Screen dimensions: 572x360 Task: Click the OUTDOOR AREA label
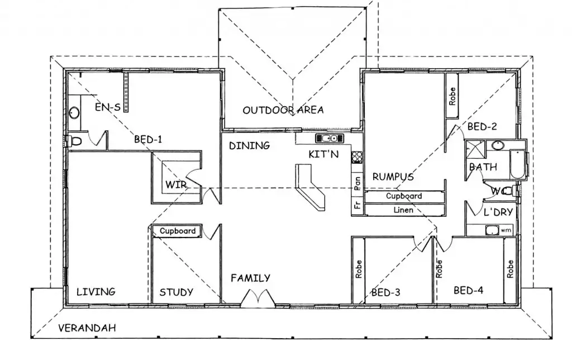pos(283,110)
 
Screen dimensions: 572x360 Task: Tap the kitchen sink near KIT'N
pos(327,138)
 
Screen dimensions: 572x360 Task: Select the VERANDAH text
pos(87,328)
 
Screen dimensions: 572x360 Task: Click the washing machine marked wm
pos(493,230)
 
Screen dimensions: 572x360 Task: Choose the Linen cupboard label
pos(404,210)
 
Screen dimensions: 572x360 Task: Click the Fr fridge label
pos(356,205)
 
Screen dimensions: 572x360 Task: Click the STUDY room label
pos(176,292)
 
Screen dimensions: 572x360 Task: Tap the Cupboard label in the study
pos(178,231)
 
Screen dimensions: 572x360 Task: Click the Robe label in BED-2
pos(452,96)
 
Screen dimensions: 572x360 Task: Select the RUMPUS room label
pos(393,177)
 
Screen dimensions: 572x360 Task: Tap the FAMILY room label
pos(250,278)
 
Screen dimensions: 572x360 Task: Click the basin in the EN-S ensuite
pos(74,113)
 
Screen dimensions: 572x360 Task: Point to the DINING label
pos(249,146)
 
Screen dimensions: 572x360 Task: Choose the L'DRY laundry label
pos(498,213)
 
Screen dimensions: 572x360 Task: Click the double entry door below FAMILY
pos(258,299)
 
